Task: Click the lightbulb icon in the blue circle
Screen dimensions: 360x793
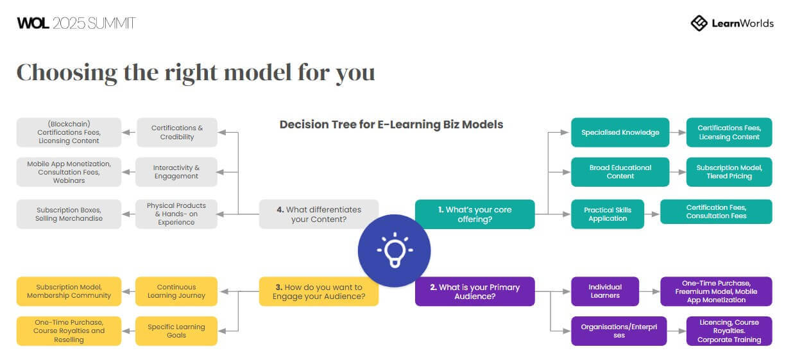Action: [394, 250]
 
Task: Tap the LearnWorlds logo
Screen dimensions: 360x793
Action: [732, 23]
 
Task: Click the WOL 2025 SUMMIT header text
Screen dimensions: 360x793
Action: [76, 23]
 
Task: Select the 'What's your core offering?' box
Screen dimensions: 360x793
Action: [474, 214]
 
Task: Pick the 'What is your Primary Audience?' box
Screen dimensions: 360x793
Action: [474, 291]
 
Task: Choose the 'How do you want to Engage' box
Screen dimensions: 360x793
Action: [318, 291]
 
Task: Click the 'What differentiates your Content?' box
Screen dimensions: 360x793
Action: [318, 214]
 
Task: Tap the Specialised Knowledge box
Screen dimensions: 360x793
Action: [620, 132]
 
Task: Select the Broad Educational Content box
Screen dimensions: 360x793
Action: [620, 172]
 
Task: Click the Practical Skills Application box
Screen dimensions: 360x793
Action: [607, 214]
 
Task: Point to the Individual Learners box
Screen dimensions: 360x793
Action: [605, 291]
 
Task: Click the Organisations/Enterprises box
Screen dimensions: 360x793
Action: [618, 331]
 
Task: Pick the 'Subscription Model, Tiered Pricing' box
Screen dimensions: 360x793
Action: [729, 172]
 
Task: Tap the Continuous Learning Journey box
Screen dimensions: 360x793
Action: [176, 291]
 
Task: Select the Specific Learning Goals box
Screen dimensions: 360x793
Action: [176, 331]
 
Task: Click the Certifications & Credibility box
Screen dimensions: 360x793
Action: [176, 132]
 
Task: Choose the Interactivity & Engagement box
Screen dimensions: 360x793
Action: [176, 172]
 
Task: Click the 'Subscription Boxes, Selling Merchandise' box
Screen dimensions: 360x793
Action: [69, 214]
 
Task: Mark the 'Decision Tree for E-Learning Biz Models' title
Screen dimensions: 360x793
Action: [391, 124]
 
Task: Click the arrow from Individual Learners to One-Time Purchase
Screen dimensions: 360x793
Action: [649, 291]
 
